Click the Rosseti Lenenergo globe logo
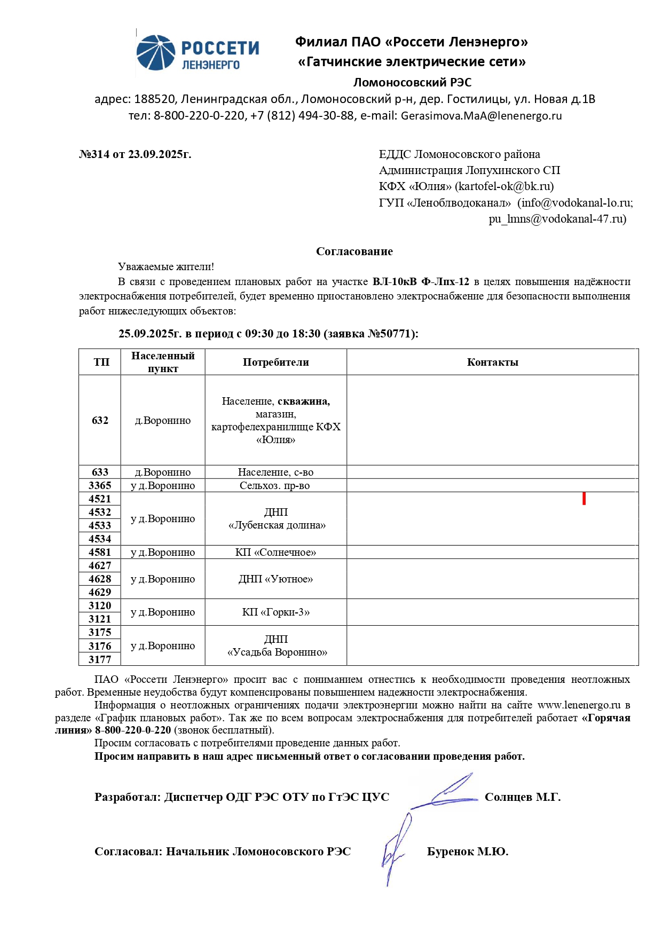coord(156,53)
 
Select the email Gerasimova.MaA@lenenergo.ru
coord(481,116)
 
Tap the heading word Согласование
coord(354,251)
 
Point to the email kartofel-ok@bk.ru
coord(504,186)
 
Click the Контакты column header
coord(492,363)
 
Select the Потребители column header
coord(275,363)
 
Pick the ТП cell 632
coord(100,421)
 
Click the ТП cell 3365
coord(100,486)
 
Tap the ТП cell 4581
coord(100,553)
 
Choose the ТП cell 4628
coord(100,579)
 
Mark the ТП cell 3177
coord(100,660)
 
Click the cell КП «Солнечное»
coord(275,553)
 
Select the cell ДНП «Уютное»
coord(275,579)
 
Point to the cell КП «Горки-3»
coord(275,612)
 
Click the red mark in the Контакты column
coord(584,499)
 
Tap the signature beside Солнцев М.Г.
coord(446,793)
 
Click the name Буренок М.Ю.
coord(467,852)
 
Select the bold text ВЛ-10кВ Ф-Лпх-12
coord(421,282)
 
